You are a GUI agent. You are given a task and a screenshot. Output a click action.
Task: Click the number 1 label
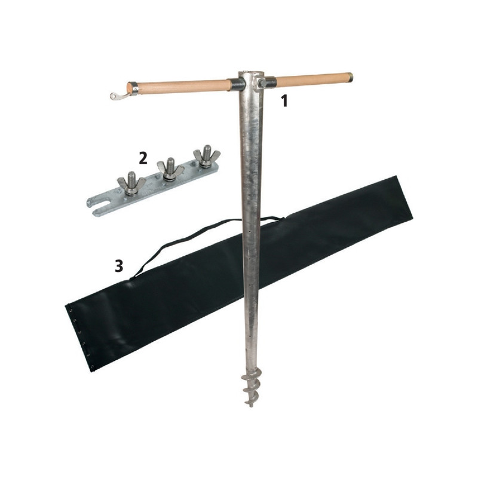[x=284, y=101]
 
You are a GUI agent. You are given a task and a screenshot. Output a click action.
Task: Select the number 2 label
[x=143, y=158]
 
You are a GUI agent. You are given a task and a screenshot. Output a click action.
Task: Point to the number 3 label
[x=119, y=265]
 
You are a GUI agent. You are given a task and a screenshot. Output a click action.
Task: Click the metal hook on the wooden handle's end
[x=118, y=95]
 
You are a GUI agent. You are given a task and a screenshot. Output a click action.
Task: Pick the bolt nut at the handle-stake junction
[x=262, y=83]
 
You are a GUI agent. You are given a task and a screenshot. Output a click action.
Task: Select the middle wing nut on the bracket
[x=170, y=170]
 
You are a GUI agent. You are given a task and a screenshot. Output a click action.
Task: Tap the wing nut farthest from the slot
[x=206, y=156]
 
